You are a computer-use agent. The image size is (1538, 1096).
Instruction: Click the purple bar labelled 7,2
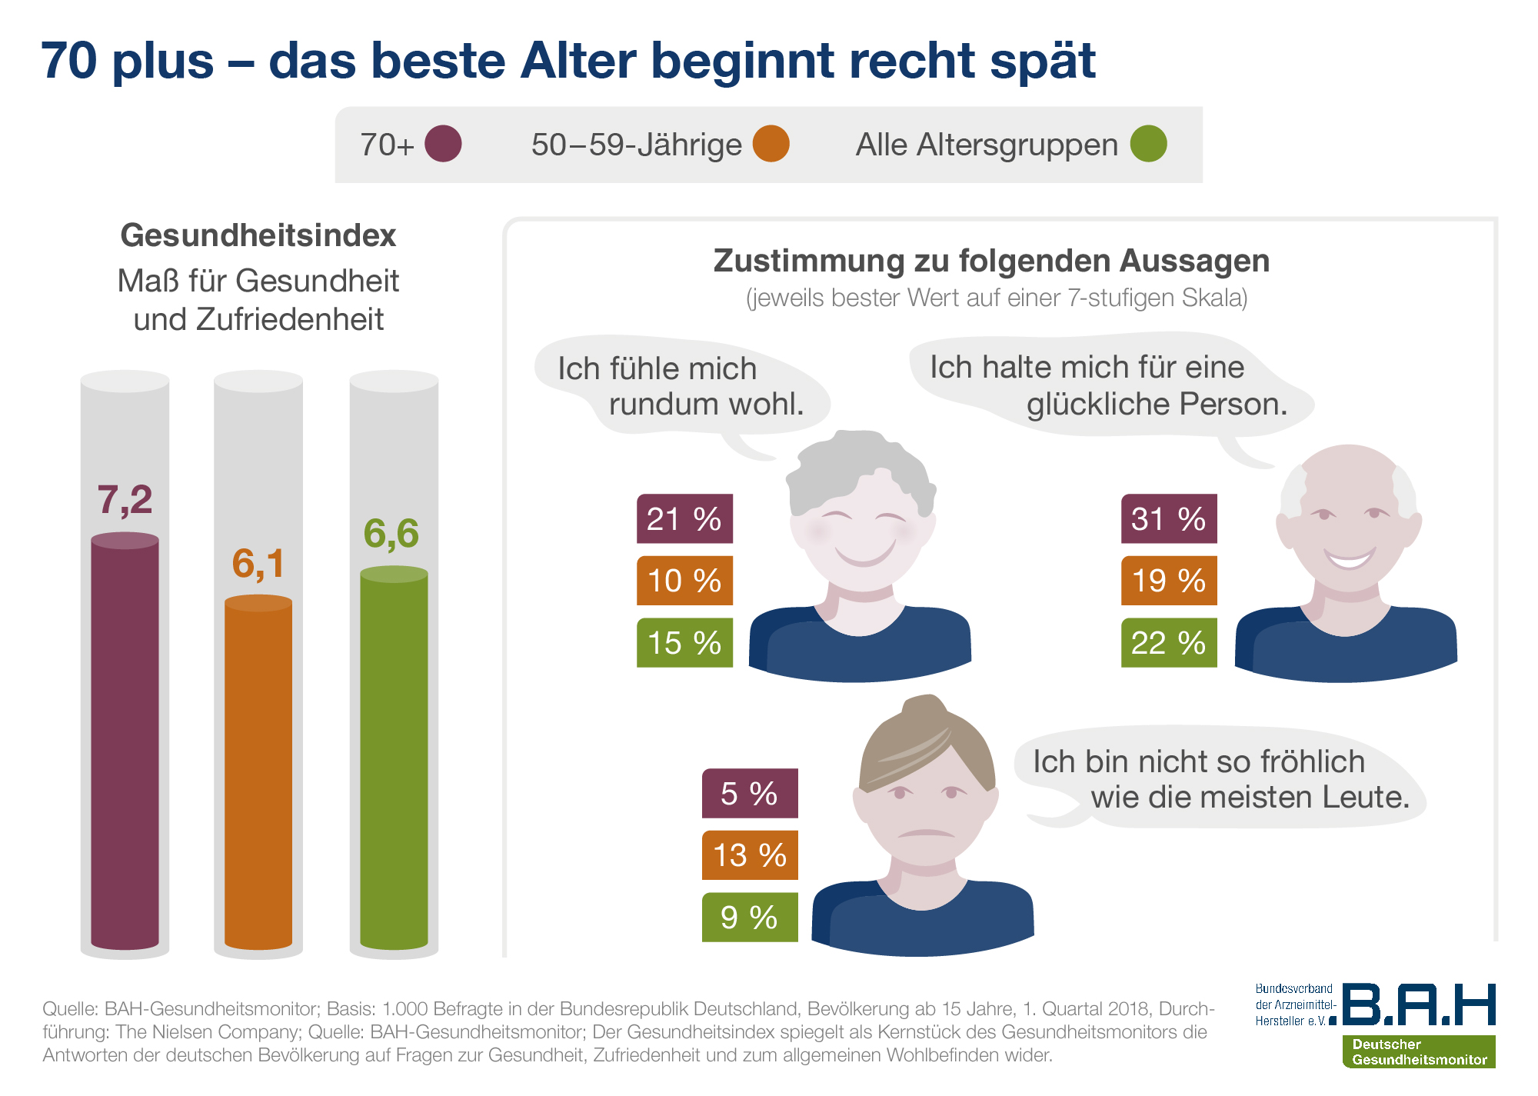(x=125, y=742)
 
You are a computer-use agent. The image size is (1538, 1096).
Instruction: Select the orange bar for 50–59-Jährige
(x=258, y=773)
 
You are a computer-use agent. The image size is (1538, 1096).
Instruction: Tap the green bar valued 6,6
(x=394, y=758)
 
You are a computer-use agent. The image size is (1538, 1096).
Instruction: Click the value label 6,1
(x=258, y=564)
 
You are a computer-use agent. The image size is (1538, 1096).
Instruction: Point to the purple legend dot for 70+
(x=443, y=144)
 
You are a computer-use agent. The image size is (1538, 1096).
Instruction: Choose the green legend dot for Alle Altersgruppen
(x=1148, y=144)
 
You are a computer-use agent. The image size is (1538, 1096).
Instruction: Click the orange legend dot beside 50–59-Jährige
(x=771, y=144)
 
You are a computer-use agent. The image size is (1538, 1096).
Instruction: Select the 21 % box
(x=684, y=519)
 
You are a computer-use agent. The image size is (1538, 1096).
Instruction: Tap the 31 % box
(x=1169, y=519)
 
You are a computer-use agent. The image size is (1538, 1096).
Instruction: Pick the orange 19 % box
(x=1169, y=581)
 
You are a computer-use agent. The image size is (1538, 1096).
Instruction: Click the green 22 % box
(x=1169, y=643)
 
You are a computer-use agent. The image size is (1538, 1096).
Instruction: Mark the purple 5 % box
(x=750, y=794)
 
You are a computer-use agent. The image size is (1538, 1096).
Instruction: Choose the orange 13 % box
(x=750, y=855)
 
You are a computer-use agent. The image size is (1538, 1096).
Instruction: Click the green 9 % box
(x=750, y=918)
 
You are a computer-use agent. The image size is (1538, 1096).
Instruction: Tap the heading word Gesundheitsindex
(x=258, y=235)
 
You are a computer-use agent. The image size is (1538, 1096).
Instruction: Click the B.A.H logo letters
(x=1419, y=1004)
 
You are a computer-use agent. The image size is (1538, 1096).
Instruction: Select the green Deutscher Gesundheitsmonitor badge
(x=1419, y=1051)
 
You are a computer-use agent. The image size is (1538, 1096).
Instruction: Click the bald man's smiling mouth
(x=1349, y=558)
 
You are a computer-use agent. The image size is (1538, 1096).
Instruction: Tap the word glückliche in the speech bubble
(x=1097, y=405)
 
